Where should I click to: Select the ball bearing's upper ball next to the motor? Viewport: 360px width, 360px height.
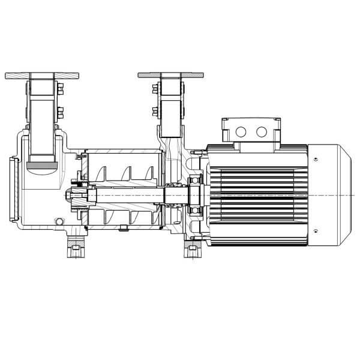coord(194,182)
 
